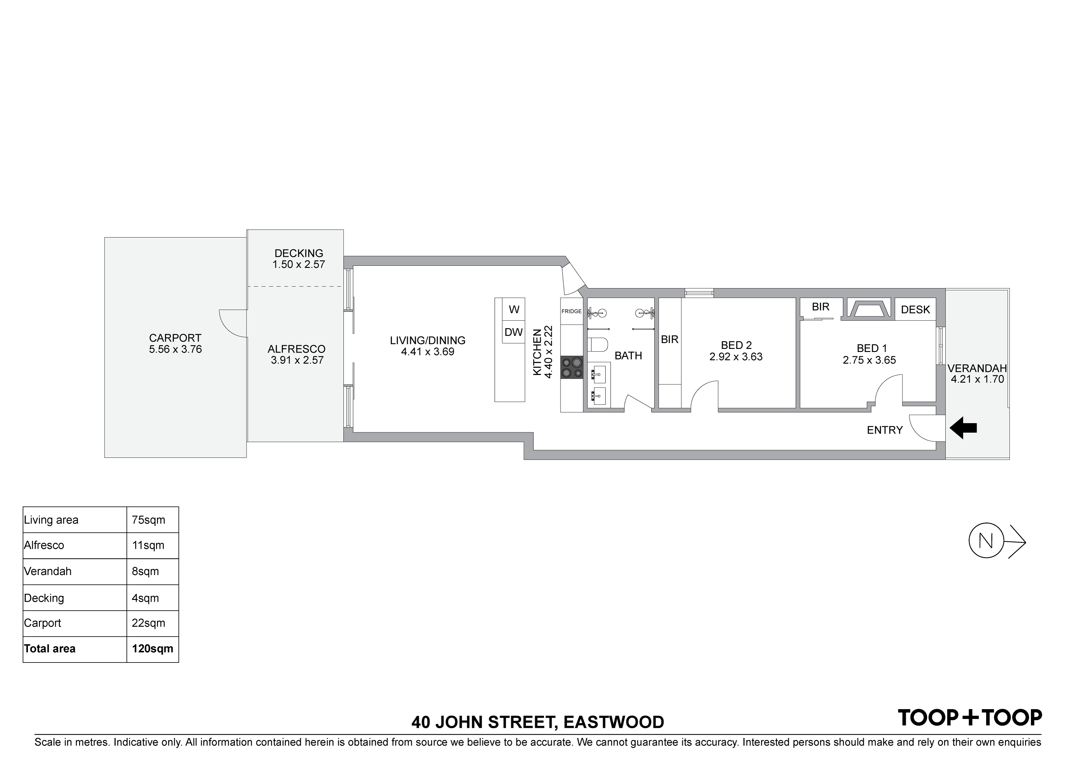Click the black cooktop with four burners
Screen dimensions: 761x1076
pos(572,368)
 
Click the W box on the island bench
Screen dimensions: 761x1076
pos(514,310)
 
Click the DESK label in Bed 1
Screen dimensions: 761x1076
pos(915,310)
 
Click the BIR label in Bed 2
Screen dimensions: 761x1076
pos(669,339)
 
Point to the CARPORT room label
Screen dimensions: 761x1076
pos(175,338)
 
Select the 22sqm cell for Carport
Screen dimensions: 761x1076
pos(148,623)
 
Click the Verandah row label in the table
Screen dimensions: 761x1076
pos(48,571)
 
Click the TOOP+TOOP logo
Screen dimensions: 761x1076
pos(969,718)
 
